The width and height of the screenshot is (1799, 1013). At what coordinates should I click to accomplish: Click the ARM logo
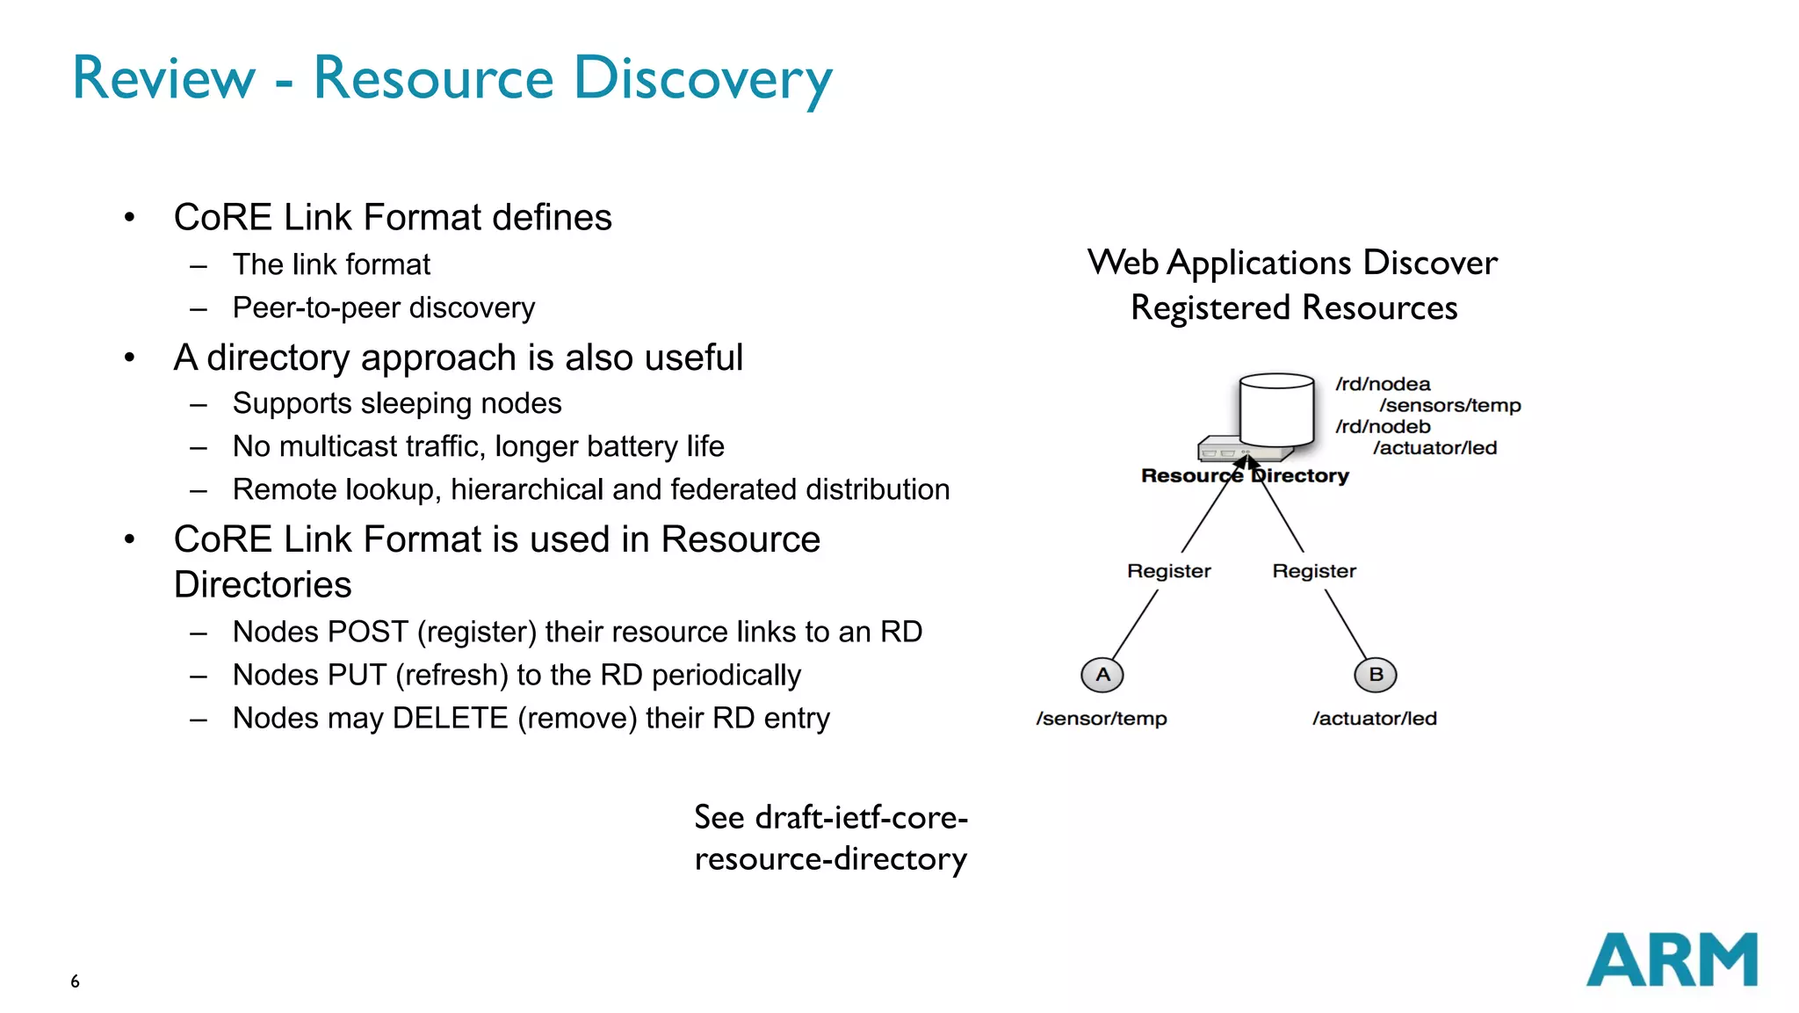(x=1671, y=959)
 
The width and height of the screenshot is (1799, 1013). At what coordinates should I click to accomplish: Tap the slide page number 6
(x=75, y=981)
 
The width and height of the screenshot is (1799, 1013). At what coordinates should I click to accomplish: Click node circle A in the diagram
(x=1102, y=675)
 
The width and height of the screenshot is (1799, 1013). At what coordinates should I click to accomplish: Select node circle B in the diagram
(x=1376, y=675)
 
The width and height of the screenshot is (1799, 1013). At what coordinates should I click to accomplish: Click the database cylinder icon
(x=1276, y=409)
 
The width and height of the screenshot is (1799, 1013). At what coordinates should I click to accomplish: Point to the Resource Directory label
(x=1245, y=476)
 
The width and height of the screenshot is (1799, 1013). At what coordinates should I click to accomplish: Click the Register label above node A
(x=1168, y=571)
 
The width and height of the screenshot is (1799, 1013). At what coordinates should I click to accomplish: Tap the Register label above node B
(x=1314, y=571)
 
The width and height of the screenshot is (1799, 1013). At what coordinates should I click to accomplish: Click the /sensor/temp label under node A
(x=1102, y=719)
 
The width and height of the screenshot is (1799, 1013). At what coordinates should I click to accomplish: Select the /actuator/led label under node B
(x=1375, y=719)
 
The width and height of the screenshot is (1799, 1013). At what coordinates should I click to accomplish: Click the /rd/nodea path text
(x=1383, y=384)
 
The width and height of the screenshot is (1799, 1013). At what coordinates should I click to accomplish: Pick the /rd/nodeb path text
(x=1383, y=426)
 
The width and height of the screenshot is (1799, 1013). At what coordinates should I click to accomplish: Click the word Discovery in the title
(x=703, y=78)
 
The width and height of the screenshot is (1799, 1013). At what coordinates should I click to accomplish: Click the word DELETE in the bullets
(x=450, y=718)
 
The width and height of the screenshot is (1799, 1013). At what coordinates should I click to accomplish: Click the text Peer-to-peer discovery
(x=384, y=308)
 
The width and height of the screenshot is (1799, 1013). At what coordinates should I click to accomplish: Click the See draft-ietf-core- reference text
(x=830, y=818)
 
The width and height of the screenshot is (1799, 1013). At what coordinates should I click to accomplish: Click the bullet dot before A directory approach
(x=130, y=358)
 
